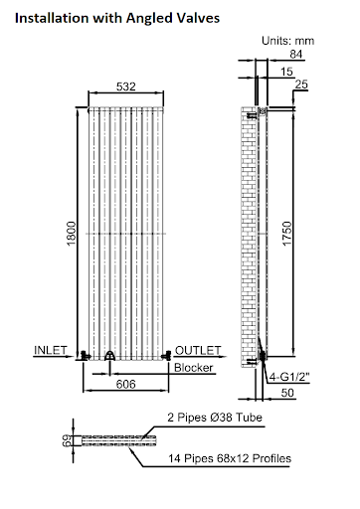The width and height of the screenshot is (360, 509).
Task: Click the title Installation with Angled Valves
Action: click(117, 18)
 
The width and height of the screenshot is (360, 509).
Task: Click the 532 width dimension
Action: click(125, 86)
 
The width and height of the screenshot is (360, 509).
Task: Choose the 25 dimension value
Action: click(301, 85)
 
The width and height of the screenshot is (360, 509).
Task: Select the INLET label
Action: click(50, 350)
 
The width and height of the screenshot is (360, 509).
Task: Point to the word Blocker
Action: click(193, 367)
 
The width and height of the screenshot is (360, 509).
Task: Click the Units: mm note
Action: click(286, 40)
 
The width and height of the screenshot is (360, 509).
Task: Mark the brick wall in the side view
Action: click(250, 229)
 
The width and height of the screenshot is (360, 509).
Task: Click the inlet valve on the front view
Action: click(89, 355)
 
